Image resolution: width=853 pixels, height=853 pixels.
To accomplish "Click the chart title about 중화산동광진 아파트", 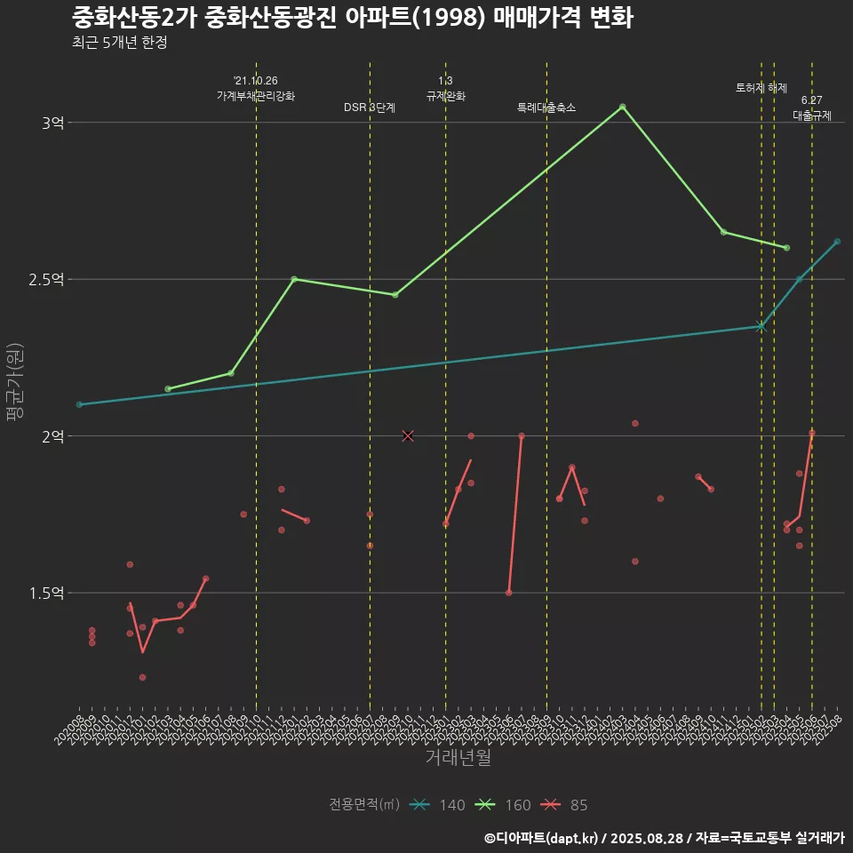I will (353, 18).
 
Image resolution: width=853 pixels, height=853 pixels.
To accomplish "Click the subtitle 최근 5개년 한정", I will (120, 43).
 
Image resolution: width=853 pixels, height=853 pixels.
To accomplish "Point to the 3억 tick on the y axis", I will (52, 123).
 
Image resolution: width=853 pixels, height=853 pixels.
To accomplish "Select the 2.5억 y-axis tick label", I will (46, 279).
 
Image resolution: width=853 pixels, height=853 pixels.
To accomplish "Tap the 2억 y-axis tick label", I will (52, 436).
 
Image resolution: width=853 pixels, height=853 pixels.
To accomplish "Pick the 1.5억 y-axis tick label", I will (46, 593).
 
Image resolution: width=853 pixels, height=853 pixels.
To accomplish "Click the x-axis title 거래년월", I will (458, 758).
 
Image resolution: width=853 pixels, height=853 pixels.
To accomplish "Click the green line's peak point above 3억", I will (622, 107).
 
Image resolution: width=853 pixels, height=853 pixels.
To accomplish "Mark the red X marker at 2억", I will (408, 435).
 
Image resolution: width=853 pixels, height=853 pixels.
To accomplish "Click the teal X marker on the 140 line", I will (761, 326).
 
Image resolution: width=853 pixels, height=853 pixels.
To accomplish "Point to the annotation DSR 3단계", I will (370, 108).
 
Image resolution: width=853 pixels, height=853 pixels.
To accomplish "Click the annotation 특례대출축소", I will (546, 108).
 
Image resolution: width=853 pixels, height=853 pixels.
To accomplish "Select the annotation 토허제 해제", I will (761, 88).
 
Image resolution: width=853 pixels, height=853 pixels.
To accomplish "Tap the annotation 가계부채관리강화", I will (256, 95).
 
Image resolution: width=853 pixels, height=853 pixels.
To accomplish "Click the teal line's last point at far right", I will (837, 242).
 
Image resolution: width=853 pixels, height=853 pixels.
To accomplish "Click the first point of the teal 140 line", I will (79, 404).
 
